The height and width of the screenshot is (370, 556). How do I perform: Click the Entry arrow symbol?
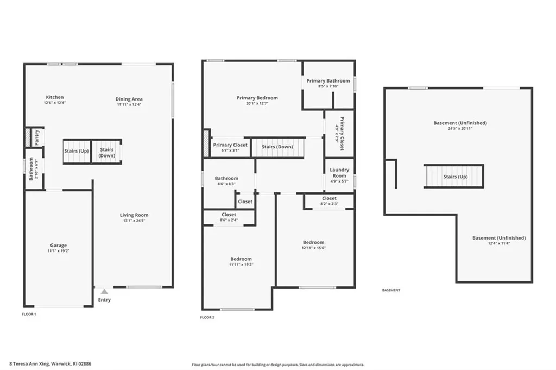pos(104,292)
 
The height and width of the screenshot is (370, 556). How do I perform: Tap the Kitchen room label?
pos(54,97)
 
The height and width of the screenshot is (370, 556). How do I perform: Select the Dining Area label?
pos(129,99)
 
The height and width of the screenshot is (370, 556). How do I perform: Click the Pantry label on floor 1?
pos(37,137)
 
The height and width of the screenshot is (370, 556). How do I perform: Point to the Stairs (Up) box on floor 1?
pos(76,151)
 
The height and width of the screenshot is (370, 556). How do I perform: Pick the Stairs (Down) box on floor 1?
pos(106,153)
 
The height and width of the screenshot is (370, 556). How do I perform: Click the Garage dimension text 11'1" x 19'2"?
pos(59,252)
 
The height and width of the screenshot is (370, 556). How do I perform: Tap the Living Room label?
pos(134,215)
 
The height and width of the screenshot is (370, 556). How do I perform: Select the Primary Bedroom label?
pos(257,98)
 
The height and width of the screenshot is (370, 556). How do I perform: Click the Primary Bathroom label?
pos(328,80)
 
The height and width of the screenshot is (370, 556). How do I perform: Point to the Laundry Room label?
pos(339,173)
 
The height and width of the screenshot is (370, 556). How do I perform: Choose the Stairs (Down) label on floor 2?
pos(277,147)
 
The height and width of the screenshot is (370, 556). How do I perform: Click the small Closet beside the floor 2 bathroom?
pos(245,202)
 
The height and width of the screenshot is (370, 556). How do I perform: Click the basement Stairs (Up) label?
pos(455,177)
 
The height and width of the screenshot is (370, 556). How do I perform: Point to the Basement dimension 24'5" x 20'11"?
pos(460,129)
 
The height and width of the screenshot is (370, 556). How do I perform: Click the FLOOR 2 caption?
pos(207,317)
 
